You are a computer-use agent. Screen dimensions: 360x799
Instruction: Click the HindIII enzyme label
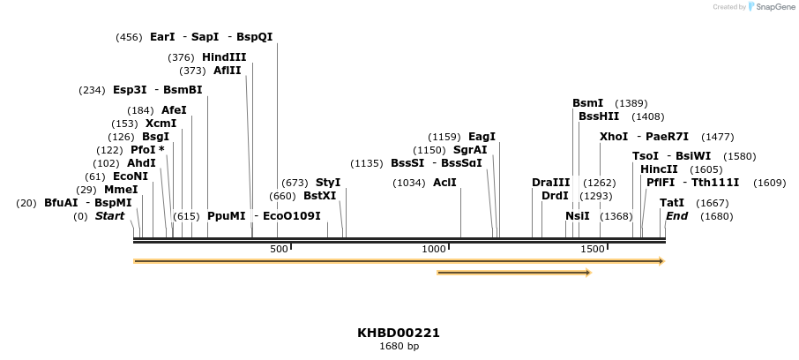(224, 57)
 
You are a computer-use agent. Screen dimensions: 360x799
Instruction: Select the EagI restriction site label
(482, 137)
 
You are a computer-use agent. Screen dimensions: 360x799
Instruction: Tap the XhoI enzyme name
(613, 137)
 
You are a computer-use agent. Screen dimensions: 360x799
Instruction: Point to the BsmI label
(587, 103)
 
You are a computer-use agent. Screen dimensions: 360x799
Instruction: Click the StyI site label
(327, 183)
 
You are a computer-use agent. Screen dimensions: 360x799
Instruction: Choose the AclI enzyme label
(444, 183)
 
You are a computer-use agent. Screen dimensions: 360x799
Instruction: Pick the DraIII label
(550, 183)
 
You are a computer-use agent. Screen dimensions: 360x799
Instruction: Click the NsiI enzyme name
(577, 216)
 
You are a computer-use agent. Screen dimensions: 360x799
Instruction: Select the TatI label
(672, 203)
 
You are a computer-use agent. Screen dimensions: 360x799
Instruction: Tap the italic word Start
(109, 216)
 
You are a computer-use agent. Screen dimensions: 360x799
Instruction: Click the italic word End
(676, 216)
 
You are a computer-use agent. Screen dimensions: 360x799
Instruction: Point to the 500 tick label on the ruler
(279, 250)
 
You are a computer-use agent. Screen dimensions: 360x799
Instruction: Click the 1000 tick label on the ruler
(434, 250)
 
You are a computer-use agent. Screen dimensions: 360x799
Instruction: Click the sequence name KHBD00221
(399, 333)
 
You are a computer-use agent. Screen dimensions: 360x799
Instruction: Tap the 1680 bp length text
(399, 346)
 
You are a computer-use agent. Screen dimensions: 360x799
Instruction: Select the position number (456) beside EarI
(129, 37)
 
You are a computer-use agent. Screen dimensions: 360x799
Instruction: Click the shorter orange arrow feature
(513, 273)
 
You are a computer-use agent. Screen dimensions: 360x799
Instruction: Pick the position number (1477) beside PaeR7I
(717, 137)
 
